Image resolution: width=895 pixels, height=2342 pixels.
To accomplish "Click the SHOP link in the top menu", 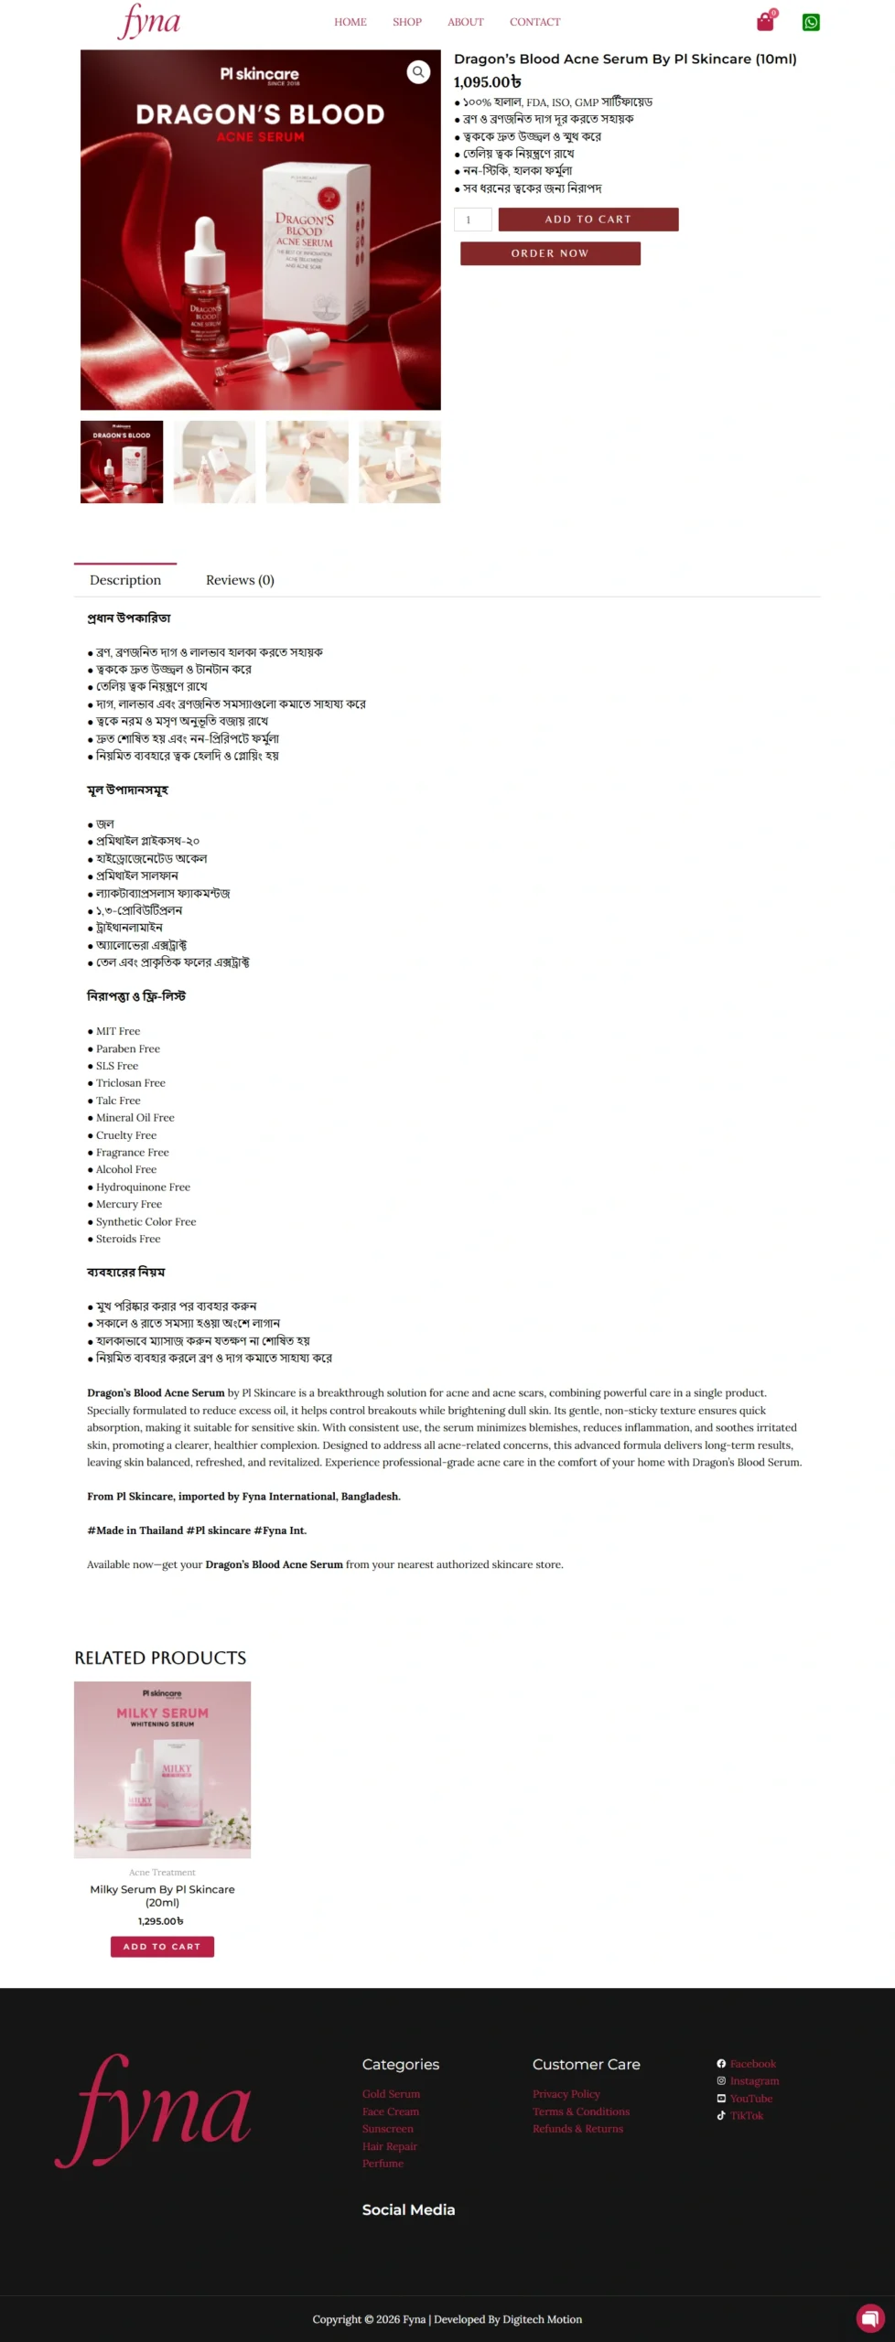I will [x=407, y=22].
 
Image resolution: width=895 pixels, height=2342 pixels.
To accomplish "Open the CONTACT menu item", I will [x=534, y=22].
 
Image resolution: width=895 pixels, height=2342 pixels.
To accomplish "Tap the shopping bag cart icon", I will [x=765, y=22].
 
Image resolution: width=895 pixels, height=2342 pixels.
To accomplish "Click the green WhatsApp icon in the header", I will [x=811, y=22].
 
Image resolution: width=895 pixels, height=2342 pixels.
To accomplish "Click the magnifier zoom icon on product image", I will [x=418, y=71].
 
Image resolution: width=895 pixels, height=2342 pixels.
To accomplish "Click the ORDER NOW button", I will [x=550, y=253].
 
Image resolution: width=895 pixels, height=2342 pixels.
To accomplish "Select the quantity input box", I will [x=472, y=220].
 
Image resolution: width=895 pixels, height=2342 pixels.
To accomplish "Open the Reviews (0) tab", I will [x=240, y=580].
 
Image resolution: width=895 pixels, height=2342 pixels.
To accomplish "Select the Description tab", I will [x=125, y=580].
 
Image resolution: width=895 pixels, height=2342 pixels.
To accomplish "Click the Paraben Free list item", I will [x=128, y=1048].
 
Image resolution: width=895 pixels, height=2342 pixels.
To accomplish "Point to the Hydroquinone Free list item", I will [x=143, y=1187].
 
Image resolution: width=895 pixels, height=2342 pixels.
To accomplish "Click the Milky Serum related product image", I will [x=162, y=1769].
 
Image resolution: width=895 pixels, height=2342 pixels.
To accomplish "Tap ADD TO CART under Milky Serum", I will [x=162, y=1946].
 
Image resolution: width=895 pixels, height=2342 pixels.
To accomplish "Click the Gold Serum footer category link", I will [x=391, y=2094].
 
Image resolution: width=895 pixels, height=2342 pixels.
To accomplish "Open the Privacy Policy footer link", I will [x=566, y=2094].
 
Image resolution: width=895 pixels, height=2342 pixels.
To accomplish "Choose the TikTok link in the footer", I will [x=746, y=2115].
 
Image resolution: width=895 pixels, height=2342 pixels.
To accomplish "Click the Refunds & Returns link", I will [x=577, y=2129].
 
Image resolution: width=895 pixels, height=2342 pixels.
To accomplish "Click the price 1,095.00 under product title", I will [x=487, y=82].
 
